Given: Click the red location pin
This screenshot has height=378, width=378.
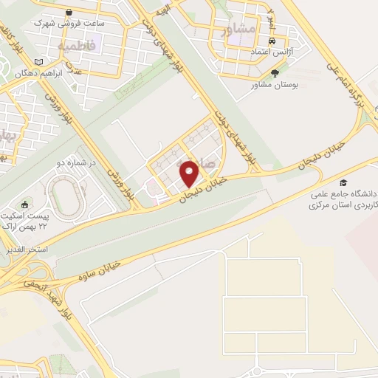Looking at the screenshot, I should (x=190, y=173).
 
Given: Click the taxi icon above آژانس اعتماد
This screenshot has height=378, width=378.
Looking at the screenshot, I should (x=274, y=41).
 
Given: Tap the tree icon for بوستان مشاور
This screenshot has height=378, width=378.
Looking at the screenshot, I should (x=275, y=73).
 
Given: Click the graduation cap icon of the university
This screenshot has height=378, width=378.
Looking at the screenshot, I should (x=343, y=182).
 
